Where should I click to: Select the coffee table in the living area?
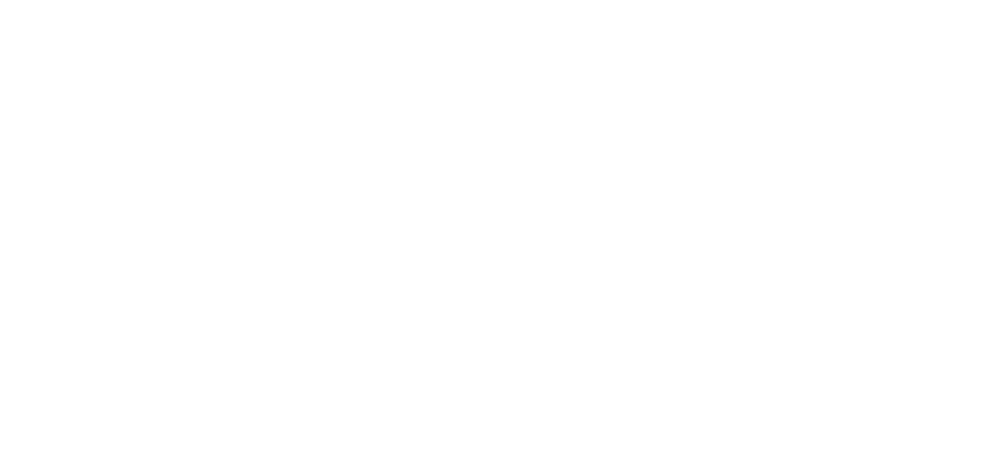(x=667, y=175)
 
